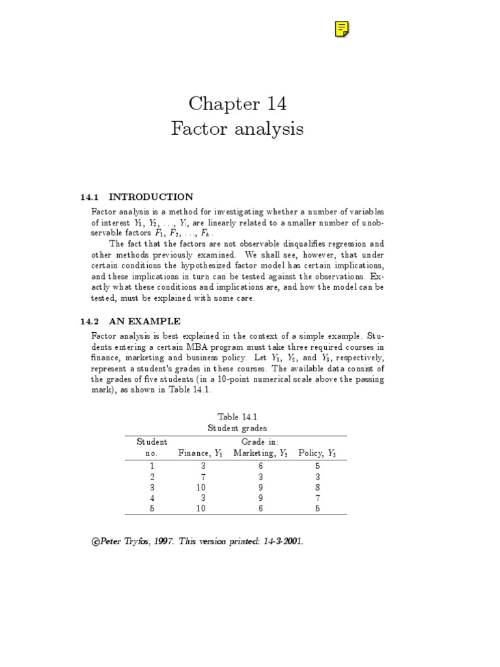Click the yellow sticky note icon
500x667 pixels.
point(342,29)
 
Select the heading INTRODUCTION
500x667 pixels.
point(151,197)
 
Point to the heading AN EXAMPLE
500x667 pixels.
point(145,321)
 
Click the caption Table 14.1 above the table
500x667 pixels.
point(237,416)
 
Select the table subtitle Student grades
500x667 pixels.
point(237,428)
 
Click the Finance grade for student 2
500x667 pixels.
point(204,477)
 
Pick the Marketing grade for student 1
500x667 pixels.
point(259,466)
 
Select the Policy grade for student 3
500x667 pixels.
point(318,486)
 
